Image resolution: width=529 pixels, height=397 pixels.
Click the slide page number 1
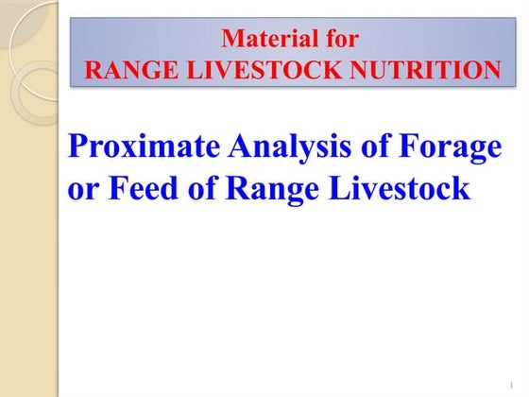pyautogui.click(x=508, y=384)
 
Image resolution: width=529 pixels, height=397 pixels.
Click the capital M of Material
pyautogui.click(x=231, y=40)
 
